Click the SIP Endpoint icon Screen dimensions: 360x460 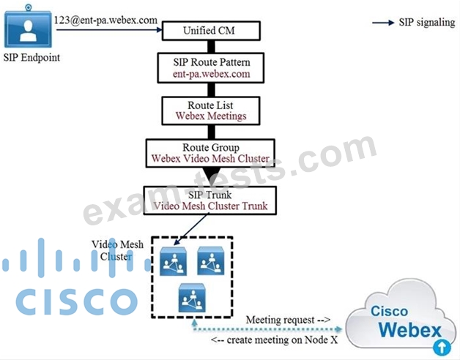click(x=28, y=29)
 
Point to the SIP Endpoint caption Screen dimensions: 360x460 click(x=30, y=59)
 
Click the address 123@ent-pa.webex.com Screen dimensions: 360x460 click(x=105, y=20)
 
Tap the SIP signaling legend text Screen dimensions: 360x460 click(x=426, y=23)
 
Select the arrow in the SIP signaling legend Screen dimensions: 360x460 click(x=383, y=23)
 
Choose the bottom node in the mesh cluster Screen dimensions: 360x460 click(x=192, y=298)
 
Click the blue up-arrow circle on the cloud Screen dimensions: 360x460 click(x=441, y=347)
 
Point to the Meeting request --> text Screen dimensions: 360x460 click(x=288, y=320)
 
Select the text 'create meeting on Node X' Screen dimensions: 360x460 click(x=282, y=340)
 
